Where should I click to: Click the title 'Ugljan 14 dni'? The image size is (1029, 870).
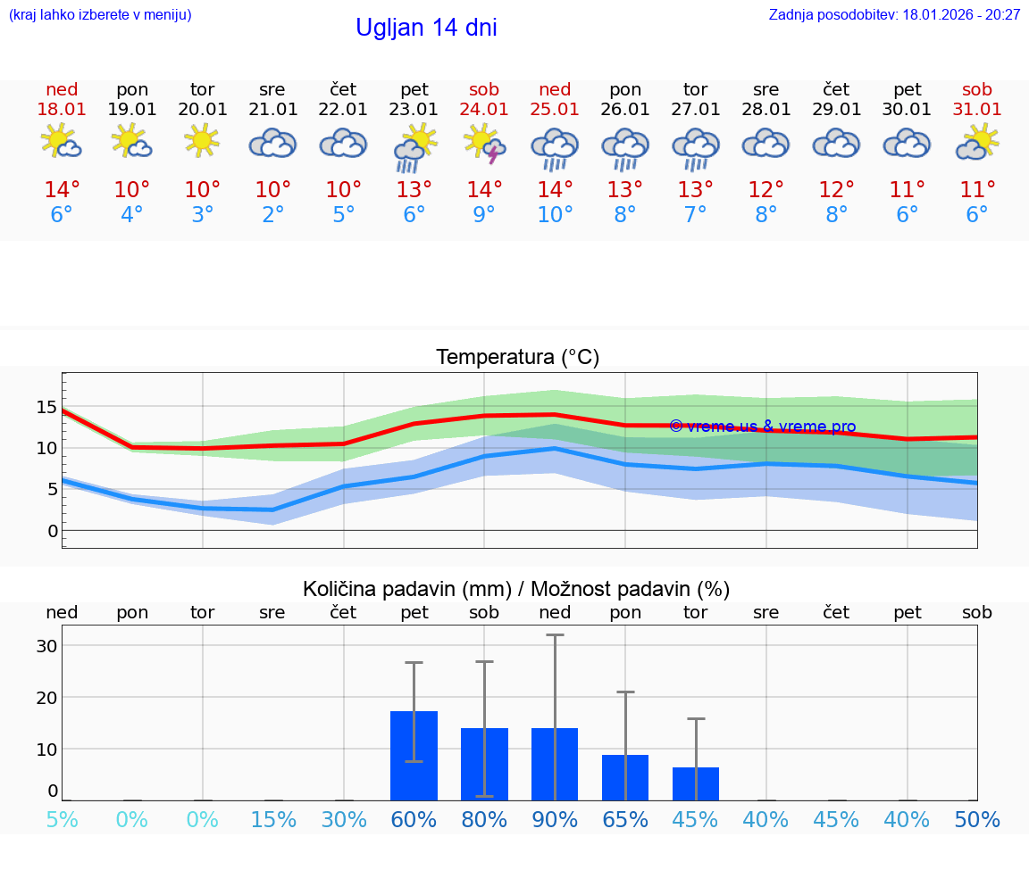(x=426, y=28)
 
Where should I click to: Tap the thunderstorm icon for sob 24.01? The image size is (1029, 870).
(x=484, y=144)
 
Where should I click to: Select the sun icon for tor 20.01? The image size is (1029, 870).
(x=202, y=141)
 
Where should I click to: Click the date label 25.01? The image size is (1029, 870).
(x=555, y=110)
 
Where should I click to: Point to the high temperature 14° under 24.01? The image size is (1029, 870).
(x=484, y=190)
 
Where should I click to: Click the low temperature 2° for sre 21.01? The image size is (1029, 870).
(x=272, y=215)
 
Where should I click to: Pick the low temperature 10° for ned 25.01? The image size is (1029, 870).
(x=555, y=215)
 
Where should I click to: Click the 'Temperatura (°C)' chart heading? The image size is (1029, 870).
(x=517, y=358)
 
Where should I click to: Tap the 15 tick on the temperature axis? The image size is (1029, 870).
(x=46, y=407)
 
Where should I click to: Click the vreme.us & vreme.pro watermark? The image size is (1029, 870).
(x=762, y=427)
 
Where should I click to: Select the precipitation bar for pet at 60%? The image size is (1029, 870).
(x=414, y=756)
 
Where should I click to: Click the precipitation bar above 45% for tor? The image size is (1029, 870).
(x=696, y=783)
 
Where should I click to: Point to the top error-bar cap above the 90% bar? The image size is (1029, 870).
(x=555, y=634)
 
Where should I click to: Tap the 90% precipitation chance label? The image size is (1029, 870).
(x=555, y=819)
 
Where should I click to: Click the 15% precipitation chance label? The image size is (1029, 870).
(x=272, y=819)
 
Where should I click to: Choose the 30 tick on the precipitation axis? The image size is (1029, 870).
(x=46, y=646)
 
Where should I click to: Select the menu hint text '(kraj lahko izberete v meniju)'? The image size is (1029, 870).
(x=100, y=15)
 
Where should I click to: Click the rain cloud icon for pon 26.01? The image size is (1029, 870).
(x=625, y=146)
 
